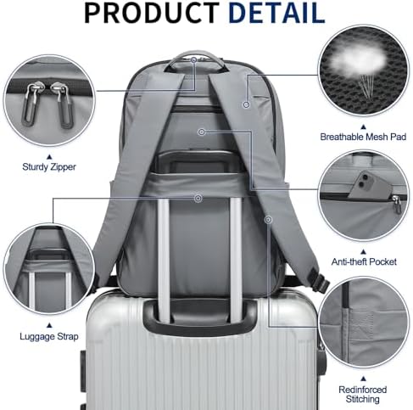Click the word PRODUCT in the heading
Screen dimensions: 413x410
pyautogui.click(x=151, y=13)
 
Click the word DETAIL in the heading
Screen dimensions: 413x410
pyautogui.click(x=276, y=13)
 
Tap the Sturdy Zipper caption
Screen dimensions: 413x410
pyautogui.click(x=49, y=167)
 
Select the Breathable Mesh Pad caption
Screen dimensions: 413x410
pyautogui.click(x=363, y=137)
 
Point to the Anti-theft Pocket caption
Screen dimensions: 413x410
pyautogui.click(x=364, y=261)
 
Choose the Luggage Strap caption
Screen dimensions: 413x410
pyautogui.click(x=49, y=336)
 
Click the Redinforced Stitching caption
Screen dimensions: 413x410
pyautogui.click(x=363, y=395)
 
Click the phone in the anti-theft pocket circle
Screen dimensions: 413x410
pyautogui.click(x=367, y=185)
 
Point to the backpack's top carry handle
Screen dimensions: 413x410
pyautogui.click(x=195, y=59)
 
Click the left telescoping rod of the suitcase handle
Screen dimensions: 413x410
pyautogui.click(x=164, y=261)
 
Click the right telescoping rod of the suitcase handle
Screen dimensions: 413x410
pyautogui.click(x=236, y=261)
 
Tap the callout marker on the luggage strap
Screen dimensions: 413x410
pyautogui.click(x=198, y=198)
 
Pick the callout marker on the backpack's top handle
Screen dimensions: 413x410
pyautogui.click(x=193, y=60)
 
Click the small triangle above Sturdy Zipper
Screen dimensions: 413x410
pyautogui.click(x=49, y=156)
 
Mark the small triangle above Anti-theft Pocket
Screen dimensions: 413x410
pyautogui.click(x=364, y=251)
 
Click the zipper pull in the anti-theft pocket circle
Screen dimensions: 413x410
pyautogui.click(x=397, y=204)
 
